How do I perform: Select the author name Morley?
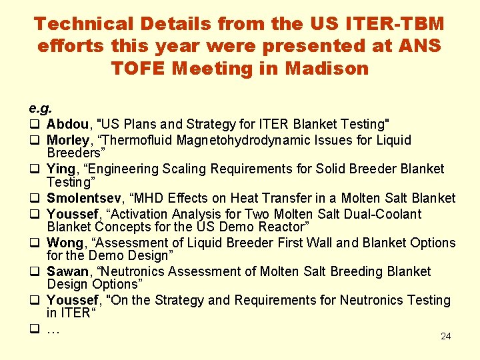click(68, 141)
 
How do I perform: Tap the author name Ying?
click(61, 169)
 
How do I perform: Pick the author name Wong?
click(65, 243)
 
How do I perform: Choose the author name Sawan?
click(68, 271)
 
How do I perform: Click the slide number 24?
click(446, 336)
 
